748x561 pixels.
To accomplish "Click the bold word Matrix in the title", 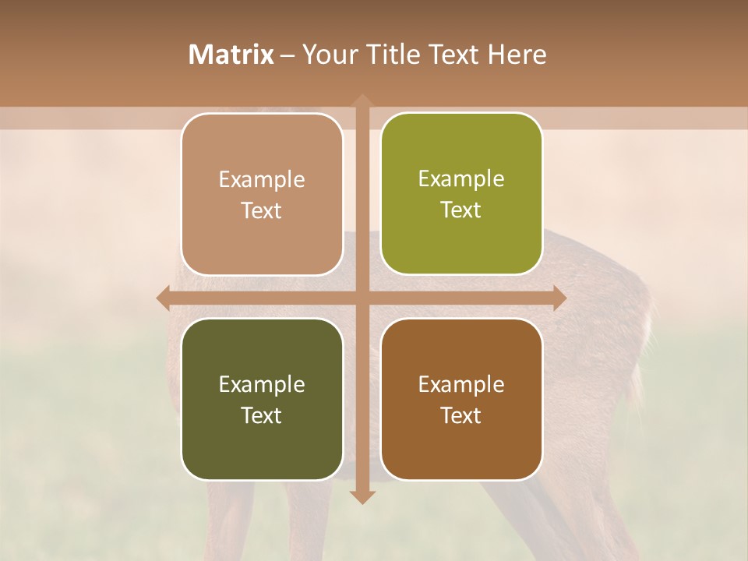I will pyautogui.click(x=231, y=55).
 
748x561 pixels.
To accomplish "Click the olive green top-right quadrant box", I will pyautogui.click(x=461, y=194).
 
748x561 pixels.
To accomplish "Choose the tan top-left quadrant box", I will pyautogui.click(x=262, y=194).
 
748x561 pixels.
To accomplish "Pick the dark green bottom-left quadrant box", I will pyautogui.click(x=262, y=399).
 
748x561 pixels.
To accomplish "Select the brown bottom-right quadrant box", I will pyautogui.click(x=461, y=399).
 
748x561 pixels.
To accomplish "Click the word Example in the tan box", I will pyautogui.click(x=262, y=180).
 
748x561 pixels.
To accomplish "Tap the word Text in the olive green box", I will pyautogui.click(x=461, y=210).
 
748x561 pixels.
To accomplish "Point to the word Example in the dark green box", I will pyautogui.click(x=262, y=384).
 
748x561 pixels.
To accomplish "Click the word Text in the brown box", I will pyautogui.click(x=461, y=415).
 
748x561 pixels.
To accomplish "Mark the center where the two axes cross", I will pyautogui.click(x=361, y=298).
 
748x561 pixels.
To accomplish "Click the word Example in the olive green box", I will pyautogui.click(x=461, y=179).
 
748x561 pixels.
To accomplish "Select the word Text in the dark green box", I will pyautogui.click(x=262, y=415).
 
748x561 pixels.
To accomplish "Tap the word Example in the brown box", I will pyautogui.click(x=461, y=384).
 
